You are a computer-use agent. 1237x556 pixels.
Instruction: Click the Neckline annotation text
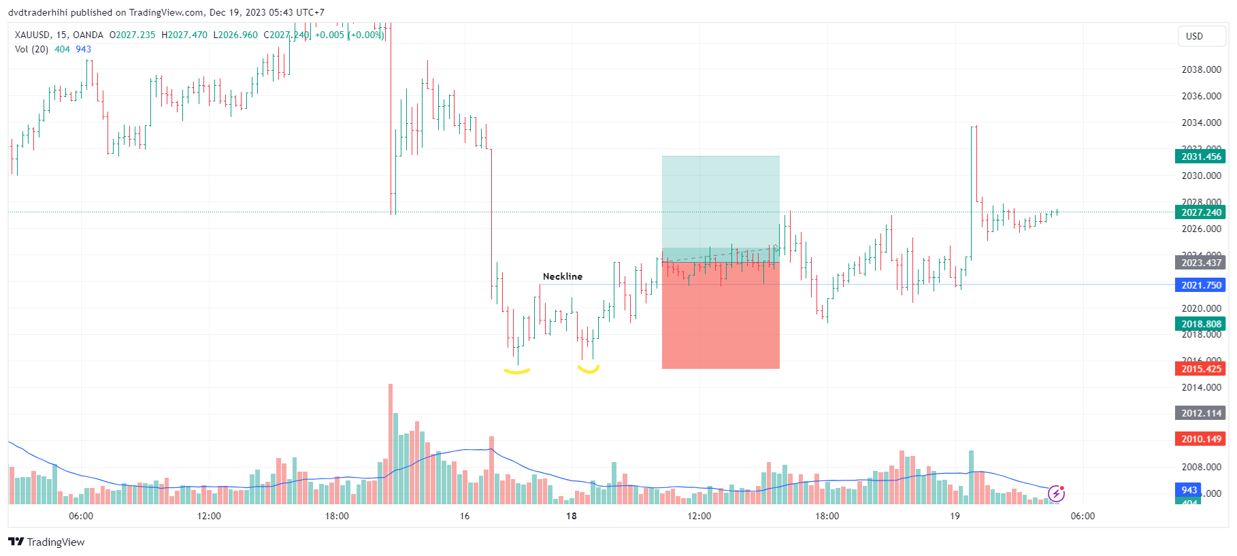[562, 276]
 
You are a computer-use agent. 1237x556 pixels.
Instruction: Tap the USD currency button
[1194, 36]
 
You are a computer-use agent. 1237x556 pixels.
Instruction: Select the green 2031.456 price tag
[1200, 157]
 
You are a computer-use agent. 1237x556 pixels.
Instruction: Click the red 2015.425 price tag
[1200, 369]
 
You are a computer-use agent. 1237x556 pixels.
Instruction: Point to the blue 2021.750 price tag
[1200, 285]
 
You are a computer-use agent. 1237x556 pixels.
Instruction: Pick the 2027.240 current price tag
[1200, 212]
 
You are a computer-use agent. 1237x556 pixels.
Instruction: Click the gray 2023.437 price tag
[1200, 263]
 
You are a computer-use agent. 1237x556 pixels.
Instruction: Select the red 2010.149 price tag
[1200, 439]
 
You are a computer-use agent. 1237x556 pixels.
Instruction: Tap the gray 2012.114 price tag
[1200, 413]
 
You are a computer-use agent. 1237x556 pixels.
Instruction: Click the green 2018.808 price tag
[1200, 324]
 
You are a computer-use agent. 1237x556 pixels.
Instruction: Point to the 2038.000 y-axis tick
[1201, 69]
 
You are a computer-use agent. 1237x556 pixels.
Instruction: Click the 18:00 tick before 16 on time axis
[337, 516]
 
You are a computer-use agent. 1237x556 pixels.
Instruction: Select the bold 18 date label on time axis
[572, 516]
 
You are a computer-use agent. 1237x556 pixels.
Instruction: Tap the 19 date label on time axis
[955, 516]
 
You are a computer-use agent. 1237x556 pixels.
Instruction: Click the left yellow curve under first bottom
[516, 371]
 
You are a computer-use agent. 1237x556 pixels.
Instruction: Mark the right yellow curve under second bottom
[588, 370]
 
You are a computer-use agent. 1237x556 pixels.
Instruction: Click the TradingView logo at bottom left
[46, 542]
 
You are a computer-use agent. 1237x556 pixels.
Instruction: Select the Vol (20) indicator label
[31, 49]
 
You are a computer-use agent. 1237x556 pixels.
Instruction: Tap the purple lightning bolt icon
[1056, 493]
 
